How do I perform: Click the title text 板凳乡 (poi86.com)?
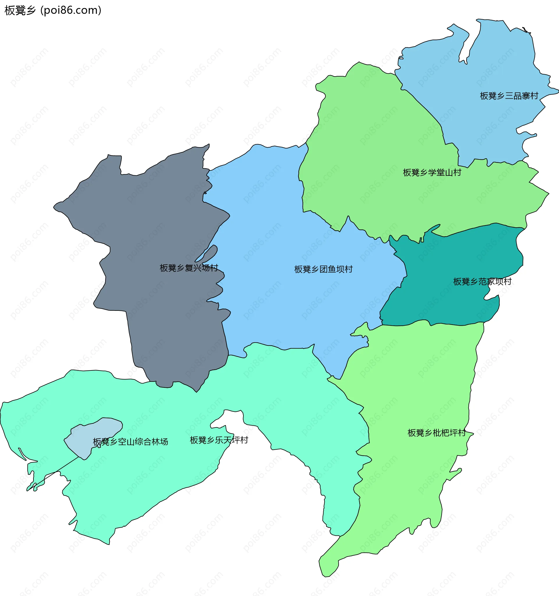click(53, 10)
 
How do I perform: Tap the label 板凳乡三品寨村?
click(509, 96)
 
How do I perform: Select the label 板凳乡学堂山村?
click(432, 173)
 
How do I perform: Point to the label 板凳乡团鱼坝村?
click(323, 269)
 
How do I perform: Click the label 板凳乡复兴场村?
click(189, 268)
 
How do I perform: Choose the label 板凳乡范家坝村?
click(482, 281)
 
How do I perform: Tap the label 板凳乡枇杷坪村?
click(437, 433)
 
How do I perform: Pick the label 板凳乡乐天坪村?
click(219, 440)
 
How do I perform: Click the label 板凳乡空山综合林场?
click(130, 442)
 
